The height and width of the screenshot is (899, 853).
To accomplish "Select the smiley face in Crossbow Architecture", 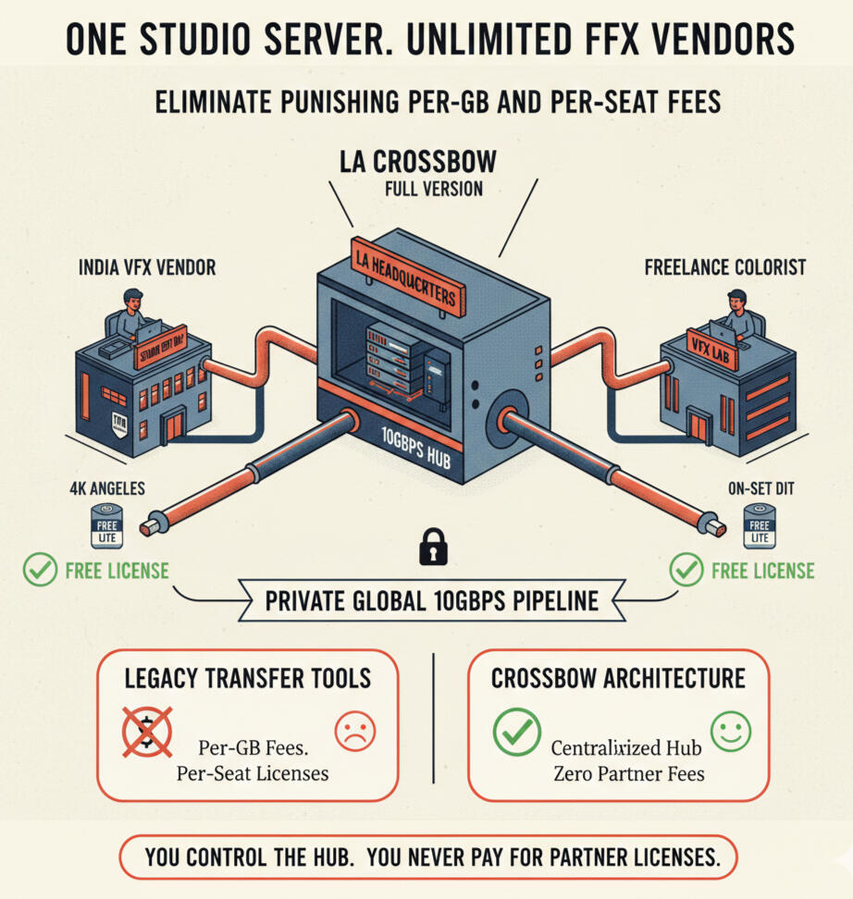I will pyautogui.click(x=730, y=730).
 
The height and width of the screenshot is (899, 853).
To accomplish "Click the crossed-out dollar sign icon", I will pyautogui.click(x=147, y=731).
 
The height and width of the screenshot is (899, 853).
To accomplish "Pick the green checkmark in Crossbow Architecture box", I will pyautogui.click(x=516, y=732).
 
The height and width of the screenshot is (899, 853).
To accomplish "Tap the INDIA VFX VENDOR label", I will pyautogui.click(x=147, y=268).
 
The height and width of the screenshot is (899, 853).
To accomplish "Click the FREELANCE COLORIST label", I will pyautogui.click(x=725, y=268).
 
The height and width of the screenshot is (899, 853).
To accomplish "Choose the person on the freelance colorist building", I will pyautogui.click(x=736, y=313).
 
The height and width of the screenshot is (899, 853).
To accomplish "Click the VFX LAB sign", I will pyautogui.click(x=711, y=348).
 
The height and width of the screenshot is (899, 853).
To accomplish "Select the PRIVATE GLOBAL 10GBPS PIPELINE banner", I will pyautogui.click(x=431, y=602).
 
